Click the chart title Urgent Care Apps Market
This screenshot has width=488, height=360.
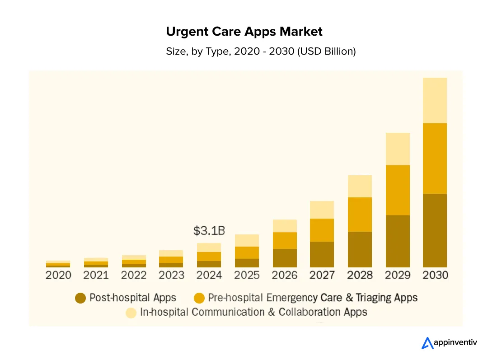[244, 32]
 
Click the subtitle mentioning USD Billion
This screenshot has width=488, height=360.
[261, 51]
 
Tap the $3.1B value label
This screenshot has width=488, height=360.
[209, 231]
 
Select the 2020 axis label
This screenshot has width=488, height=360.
[58, 275]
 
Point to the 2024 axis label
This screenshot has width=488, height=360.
[209, 275]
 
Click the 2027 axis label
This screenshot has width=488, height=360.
[322, 275]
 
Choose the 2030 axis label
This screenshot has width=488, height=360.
[435, 275]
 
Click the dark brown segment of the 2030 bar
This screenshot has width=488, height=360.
[435, 230]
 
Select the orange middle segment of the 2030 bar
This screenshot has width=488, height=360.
[435, 158]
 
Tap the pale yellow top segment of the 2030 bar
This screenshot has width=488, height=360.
[435, 100]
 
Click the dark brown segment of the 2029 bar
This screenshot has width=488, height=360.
[397, 241]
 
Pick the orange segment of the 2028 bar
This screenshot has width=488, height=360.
[360, 215]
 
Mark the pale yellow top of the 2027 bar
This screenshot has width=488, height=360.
[322, 210]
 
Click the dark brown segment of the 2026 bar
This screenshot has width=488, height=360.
[285, 257]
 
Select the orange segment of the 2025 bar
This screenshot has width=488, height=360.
[247, 252]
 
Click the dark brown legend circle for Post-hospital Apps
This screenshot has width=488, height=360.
[80, 298]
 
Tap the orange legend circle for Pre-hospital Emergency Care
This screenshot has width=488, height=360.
[199, 298]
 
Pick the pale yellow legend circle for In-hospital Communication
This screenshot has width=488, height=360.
[131, 313]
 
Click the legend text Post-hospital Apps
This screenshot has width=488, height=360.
[133, 298]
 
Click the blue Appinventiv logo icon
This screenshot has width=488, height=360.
[427, 343]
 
